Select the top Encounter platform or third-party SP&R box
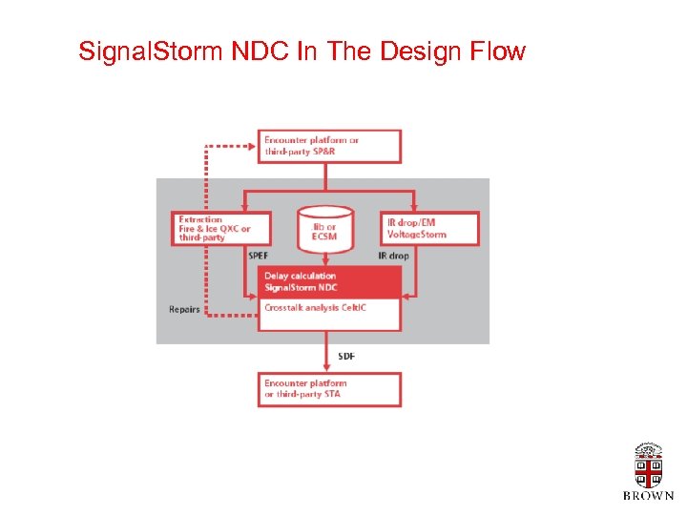pos(329,146)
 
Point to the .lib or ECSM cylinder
pos(324,230)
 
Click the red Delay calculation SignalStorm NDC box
pos(329,281)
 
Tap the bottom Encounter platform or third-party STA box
pos(329,389)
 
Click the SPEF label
pos(259,256)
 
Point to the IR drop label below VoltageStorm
pos(394,256)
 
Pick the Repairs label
pos(184,309)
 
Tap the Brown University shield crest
pos(648,466)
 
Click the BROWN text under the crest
pos(648,496)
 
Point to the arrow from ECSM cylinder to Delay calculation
pos(324,259)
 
